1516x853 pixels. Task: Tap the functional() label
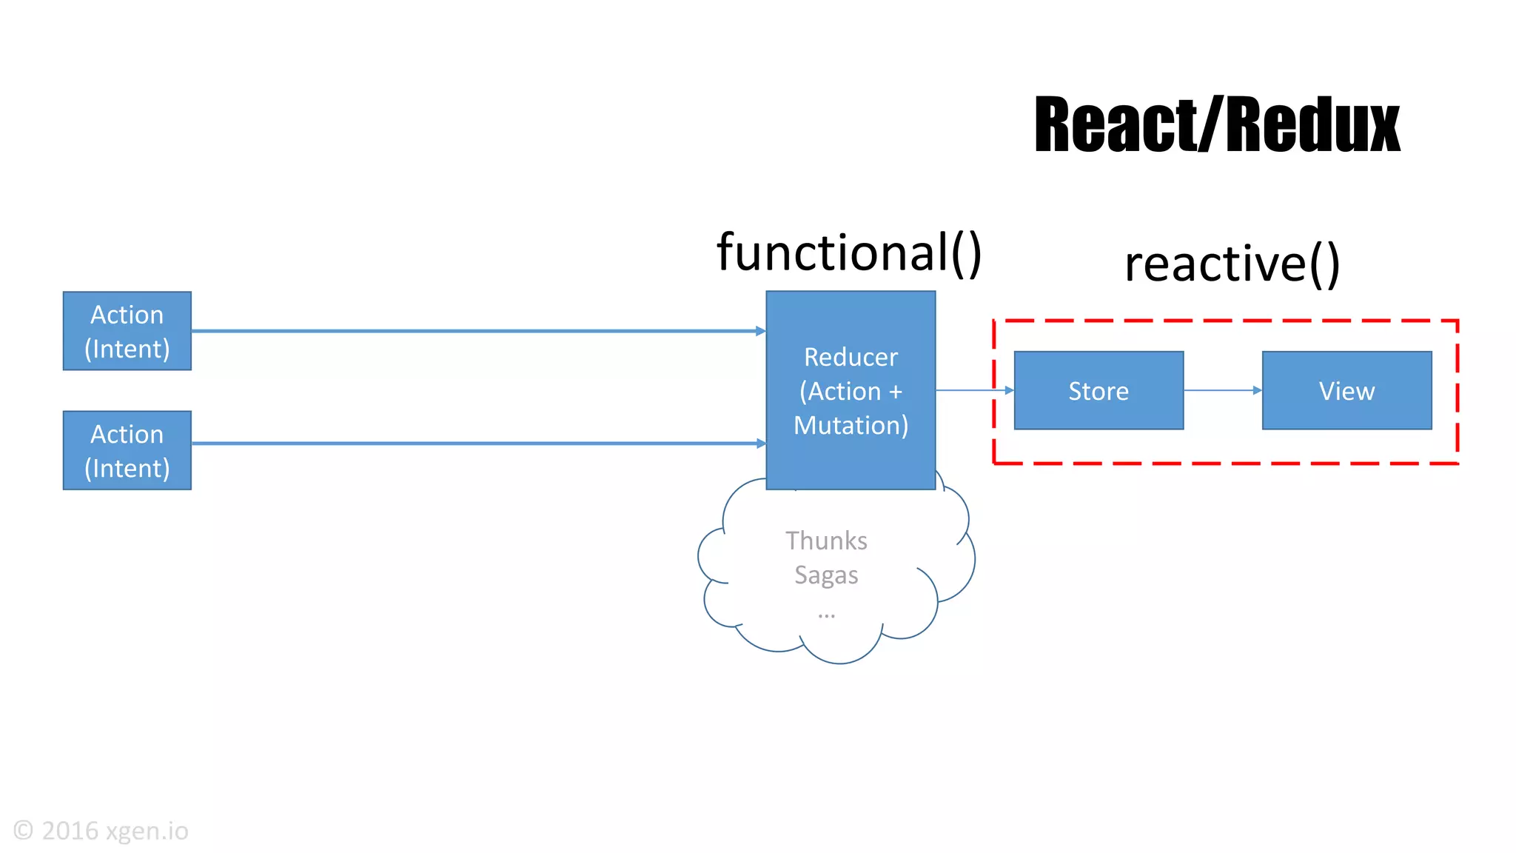coord(848,252)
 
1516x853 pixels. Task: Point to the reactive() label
coord(1232,264)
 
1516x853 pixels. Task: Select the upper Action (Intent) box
coord(127,331)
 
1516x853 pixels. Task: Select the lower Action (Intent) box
coord(127,450)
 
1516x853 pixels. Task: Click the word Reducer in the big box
coord(851,357)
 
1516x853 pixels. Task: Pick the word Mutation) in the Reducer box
coord(851,426)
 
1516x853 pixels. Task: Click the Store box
coord(1099,390)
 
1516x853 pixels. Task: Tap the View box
coord(1346,390)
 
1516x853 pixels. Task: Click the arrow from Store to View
coord(1221,390)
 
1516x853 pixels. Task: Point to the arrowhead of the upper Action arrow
coord(761,331)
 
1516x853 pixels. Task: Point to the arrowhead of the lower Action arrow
coord(761,444)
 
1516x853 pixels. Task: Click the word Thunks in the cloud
coord(826,541)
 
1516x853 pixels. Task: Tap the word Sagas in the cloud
coord(826,575)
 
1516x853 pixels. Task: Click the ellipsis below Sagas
coord(826,615)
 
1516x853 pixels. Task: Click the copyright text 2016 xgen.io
coord(115,831)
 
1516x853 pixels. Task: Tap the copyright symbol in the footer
coord(24,830)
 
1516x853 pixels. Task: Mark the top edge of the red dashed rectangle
coord(1225,321)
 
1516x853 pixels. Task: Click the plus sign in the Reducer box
coord(896,392)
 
